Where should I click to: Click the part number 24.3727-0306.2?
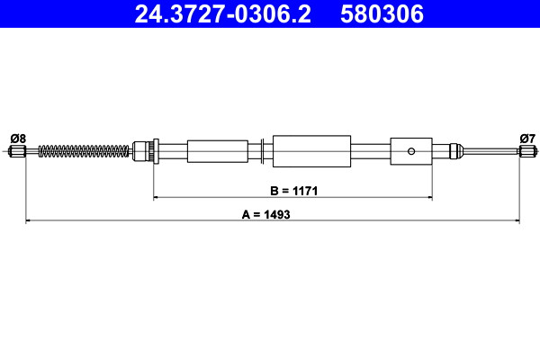pos(223,14)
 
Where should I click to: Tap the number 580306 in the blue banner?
pos(382,14)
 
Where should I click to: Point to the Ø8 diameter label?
pos(18,139)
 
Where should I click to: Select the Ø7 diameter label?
pos(527,139)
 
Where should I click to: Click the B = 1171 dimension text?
pos(293,191)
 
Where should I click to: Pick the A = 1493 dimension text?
pos(265,214)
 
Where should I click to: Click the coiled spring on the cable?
pos(84,151)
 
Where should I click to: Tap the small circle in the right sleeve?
pos(411,151)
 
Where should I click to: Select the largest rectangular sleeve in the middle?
pos(311,151)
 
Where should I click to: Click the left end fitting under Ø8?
pos(17,151)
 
